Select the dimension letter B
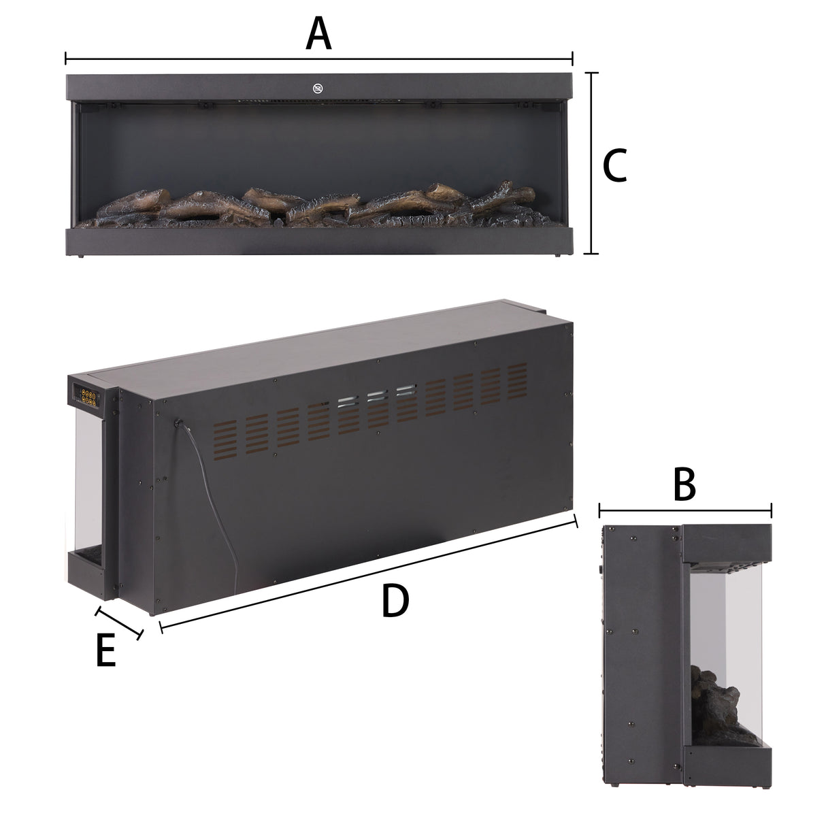[684, 484]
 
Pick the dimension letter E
[105, 651]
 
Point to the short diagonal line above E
[120, 622]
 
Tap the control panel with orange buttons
[88, 396]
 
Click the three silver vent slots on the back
[376, 395]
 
